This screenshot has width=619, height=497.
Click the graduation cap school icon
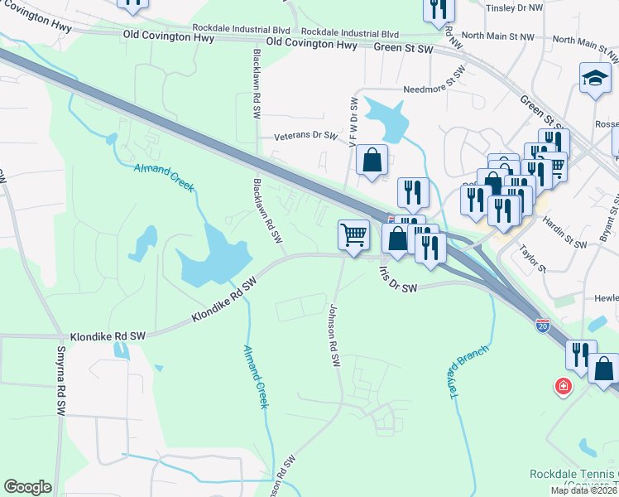click(594, 79)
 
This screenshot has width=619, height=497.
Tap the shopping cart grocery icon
click(353, 234)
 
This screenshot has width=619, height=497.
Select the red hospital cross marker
click(564, 387)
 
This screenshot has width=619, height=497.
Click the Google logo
click(27, 487)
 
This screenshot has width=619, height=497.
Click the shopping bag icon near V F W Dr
click(372, 160)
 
